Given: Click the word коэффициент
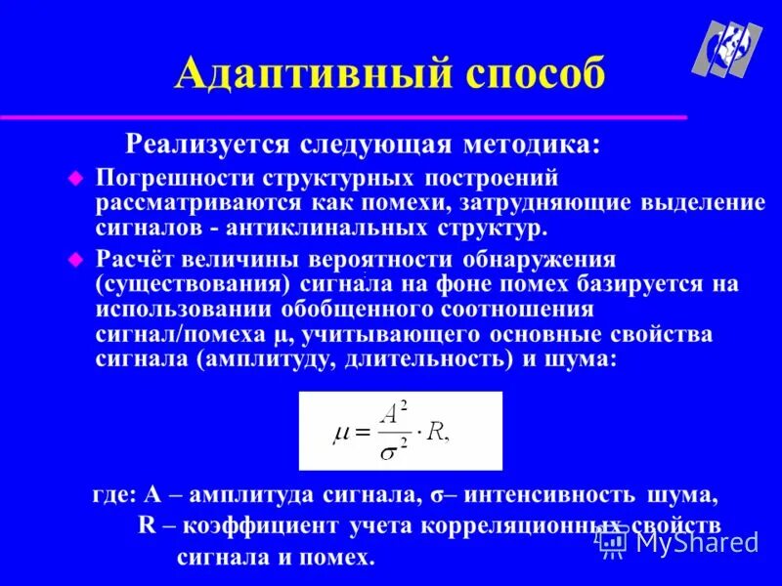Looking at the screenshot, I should click(259, 526).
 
